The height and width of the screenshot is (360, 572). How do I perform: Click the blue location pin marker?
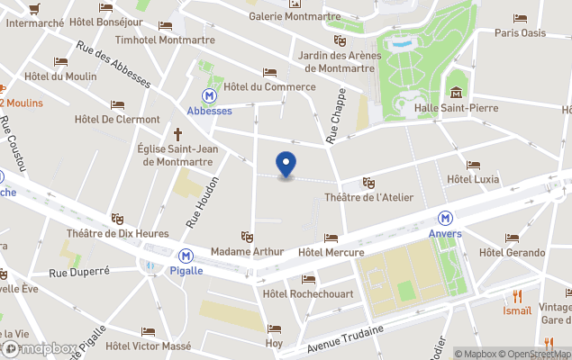point(286,165)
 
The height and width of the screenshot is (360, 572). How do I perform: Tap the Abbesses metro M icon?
point(210,94)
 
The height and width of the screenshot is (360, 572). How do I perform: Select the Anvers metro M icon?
point(445,218)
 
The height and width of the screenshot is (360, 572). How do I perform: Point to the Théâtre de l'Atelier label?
point(364,197)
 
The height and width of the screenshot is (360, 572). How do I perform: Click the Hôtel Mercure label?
point(331,253)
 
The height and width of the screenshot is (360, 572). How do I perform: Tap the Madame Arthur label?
point(247,251)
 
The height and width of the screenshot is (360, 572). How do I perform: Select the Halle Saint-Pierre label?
point(456,108)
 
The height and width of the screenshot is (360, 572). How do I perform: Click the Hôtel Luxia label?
point(473,179)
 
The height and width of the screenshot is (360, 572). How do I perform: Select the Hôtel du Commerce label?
point(269,86)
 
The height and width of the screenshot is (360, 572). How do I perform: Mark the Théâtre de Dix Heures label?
point(117,233)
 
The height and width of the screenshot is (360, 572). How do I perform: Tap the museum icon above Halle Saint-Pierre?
point(457,93)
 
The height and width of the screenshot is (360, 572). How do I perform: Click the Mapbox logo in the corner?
point(38,348)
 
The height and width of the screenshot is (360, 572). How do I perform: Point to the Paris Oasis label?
point(520,32)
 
